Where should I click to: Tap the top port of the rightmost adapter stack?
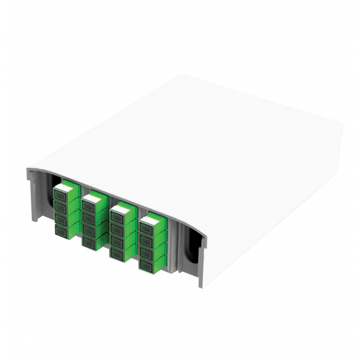[146, 227]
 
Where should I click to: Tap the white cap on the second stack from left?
[93, 197]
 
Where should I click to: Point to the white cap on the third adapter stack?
[122, 208]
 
